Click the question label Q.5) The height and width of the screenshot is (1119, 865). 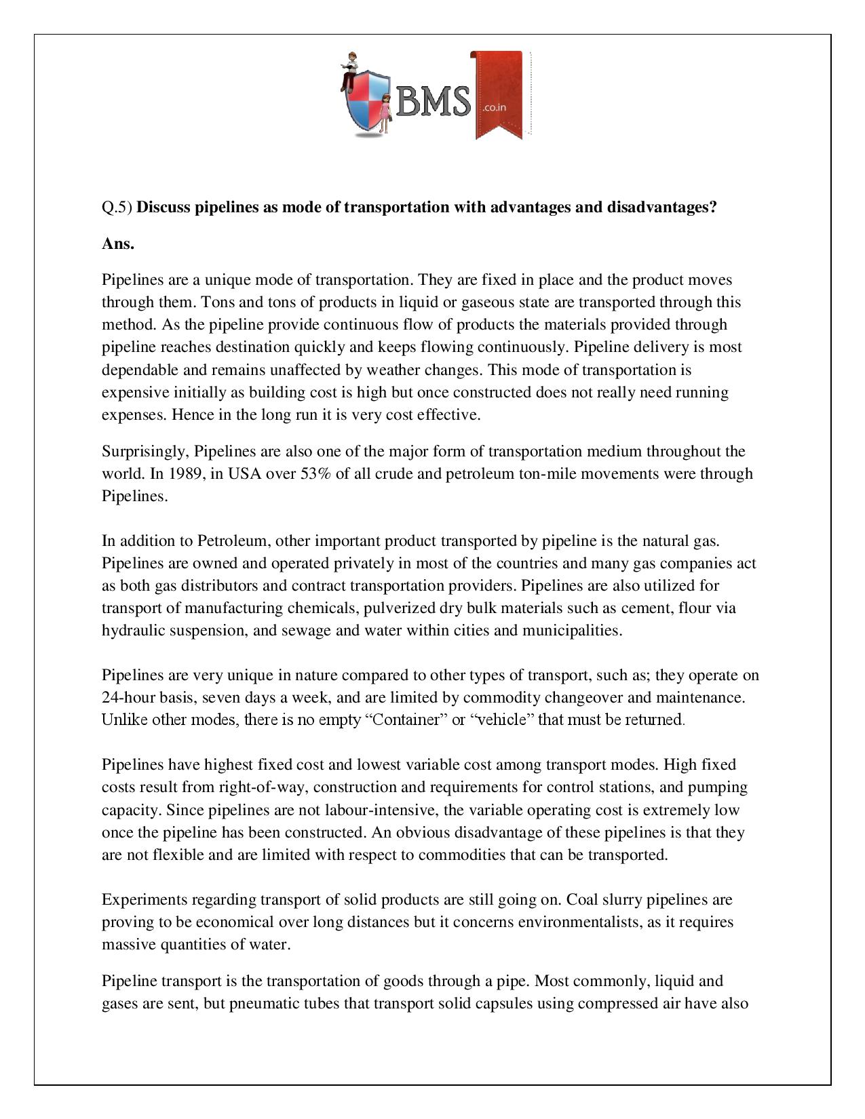coord(117,208)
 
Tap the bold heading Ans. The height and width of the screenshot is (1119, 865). coord(118,244)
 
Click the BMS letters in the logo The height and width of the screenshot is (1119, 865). coord(432,102)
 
